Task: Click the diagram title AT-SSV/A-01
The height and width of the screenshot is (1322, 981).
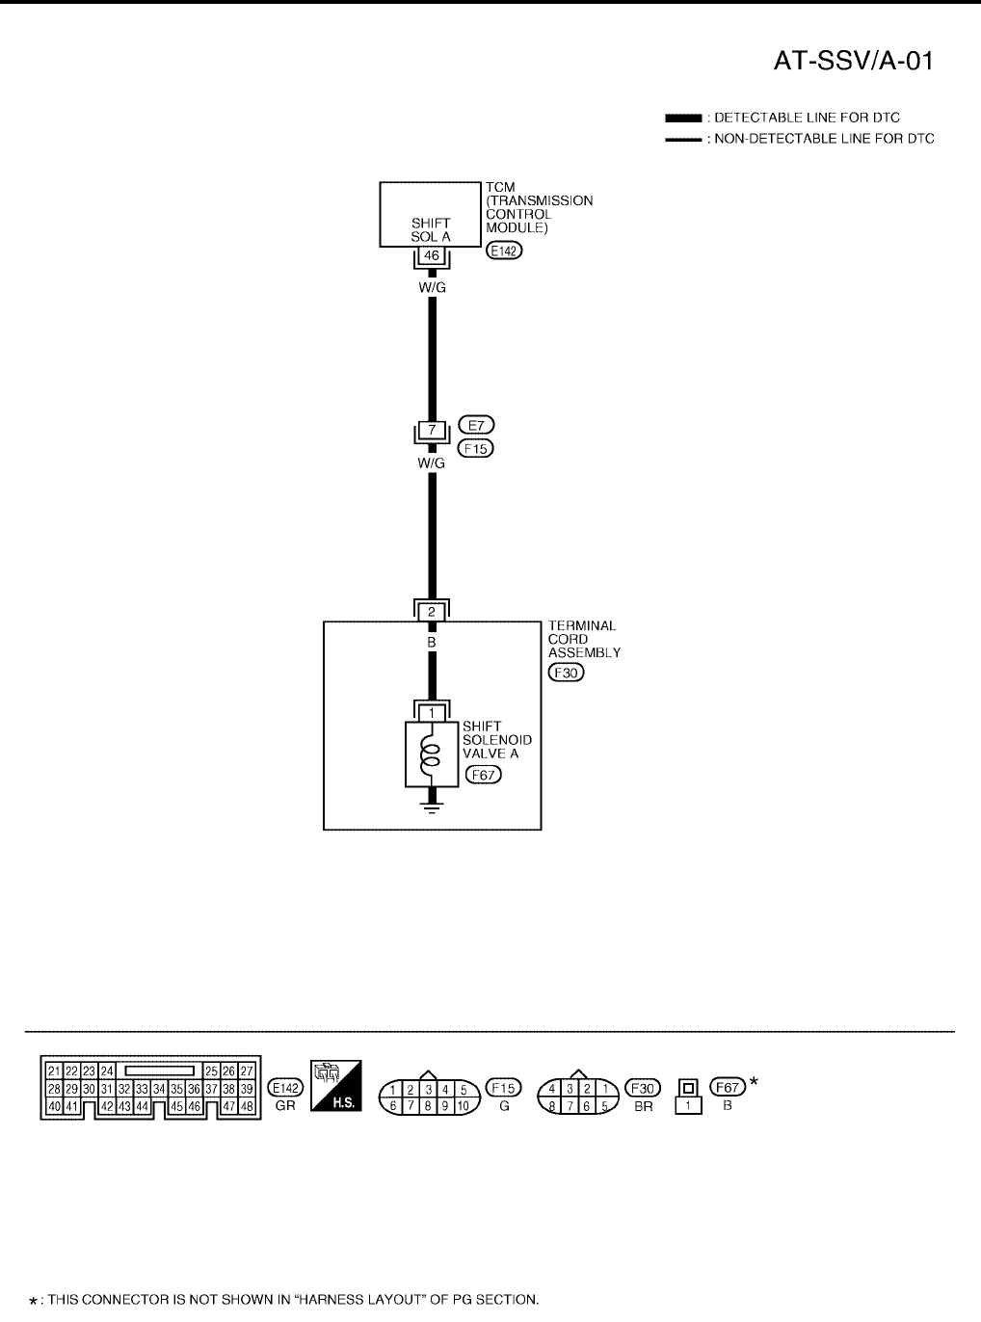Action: coord(855,62)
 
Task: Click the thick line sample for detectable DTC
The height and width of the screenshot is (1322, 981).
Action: coord(682,118)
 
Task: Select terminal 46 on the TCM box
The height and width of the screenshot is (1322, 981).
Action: coord(432,255)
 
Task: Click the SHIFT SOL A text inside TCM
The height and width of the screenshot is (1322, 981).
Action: coord(431,230)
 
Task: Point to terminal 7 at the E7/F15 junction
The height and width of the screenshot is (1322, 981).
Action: coord(432,430)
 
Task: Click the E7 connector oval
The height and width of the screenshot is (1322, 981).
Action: coord(476,424)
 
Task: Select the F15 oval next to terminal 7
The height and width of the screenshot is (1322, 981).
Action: coord(476,448)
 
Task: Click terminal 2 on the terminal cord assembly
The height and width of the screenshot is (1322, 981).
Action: coord(432,611)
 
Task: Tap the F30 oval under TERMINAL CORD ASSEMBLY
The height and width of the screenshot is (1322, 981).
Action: coord(566,673)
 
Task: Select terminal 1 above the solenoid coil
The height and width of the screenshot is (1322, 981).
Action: coord(432,712)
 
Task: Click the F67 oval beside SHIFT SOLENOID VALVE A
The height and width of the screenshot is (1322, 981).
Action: coord(483,774)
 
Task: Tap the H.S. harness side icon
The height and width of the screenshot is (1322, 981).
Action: coord(335,1086)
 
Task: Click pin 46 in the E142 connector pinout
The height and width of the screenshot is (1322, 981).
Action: coord(195,1106)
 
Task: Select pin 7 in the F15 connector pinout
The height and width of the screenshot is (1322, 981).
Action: coord(410,1106)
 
